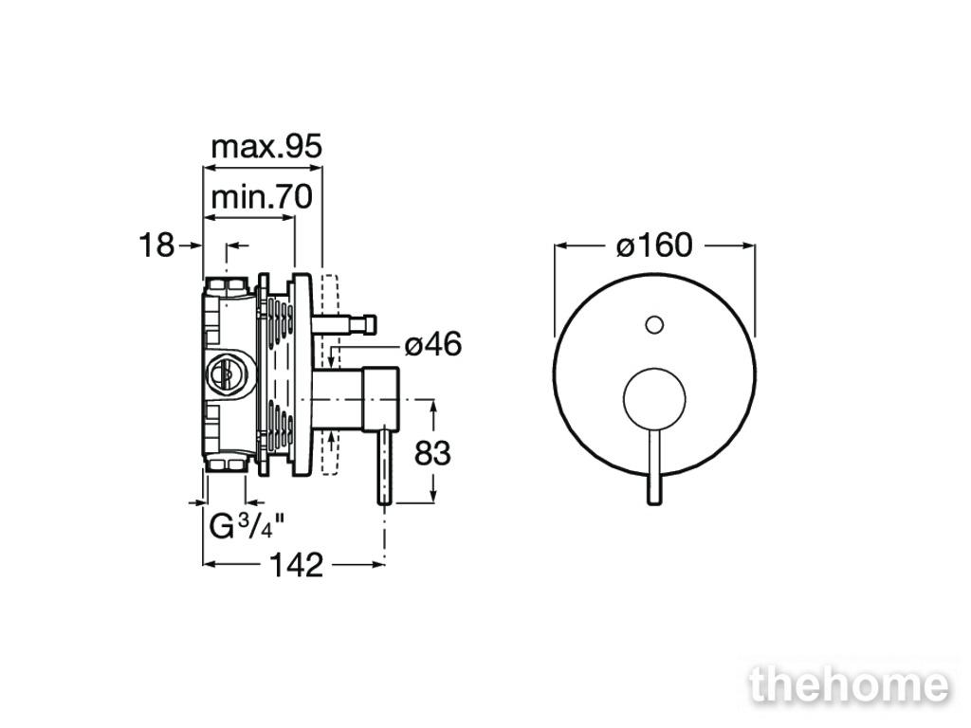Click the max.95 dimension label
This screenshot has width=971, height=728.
pyautogui.click(x=266, y=147)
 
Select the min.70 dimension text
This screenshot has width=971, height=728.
pyautogui.click(x=262, y=197)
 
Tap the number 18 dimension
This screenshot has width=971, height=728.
pyautogui.click(x=156, y=246)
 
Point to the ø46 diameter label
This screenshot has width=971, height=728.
pyautogui.click(x=433, y=344)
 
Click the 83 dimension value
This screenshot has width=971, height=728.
pyautogui.click(x=432, y=454)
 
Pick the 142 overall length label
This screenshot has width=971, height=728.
pyautogui.click(x=297, y=565)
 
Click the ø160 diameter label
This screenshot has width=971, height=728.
pyautogui.click(x=654, y=246)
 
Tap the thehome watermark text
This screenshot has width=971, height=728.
pyautogui.click(x=849, y=684)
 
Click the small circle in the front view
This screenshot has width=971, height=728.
pyautogui.click(x=654, y=324)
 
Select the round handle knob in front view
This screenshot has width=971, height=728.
pyautogui.click(x=654, y=399)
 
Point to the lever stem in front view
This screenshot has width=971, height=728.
pyautogui.click(x=654, y=464)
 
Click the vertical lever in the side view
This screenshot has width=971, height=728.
pyautogui.click(x=385, y=464)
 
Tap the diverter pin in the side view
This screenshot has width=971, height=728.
pyautogui.click(x=345, y=324)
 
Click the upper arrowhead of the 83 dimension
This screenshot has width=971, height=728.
pyautogui.click(x=433, y=406)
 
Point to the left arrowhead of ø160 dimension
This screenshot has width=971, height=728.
pyautogui.click(x=560, y=246)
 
